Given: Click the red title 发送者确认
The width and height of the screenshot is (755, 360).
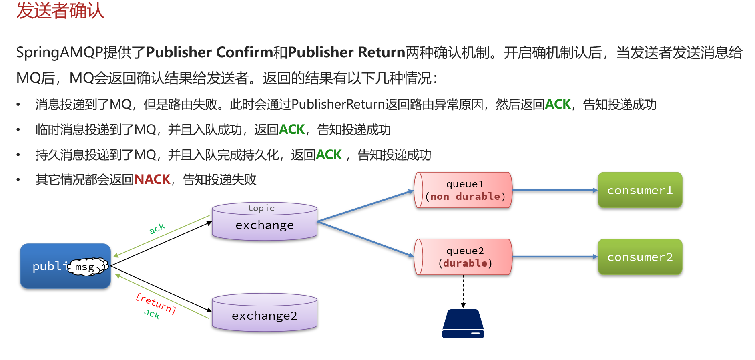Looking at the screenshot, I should click(x=60, y=11).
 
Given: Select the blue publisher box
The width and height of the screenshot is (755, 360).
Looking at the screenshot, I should click(x=44, y=276).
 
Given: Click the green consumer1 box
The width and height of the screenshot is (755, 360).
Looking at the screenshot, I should click(x=640, y=190).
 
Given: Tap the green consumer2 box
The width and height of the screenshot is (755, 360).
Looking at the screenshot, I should click(x=640, y=257).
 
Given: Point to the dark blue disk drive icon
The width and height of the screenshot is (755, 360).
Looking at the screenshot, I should click(x=463, y=324).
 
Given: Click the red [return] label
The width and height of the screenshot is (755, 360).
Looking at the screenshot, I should click(x=156, y=303).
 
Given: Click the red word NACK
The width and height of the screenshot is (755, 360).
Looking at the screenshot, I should click(x=152, y=179).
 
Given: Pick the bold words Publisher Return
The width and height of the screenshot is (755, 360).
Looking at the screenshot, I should click(x=346, y=52).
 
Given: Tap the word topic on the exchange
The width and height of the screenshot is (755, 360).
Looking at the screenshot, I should click(x=261, y=208).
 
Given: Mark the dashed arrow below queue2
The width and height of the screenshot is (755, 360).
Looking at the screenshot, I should click(x=463, y=291).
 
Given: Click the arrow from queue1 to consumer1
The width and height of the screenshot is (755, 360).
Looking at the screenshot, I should click(x=554, y=190).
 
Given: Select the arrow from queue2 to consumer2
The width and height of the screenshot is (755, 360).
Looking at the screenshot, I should click(x=554, y=257).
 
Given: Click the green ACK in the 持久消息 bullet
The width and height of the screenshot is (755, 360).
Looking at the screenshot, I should click(x=329, y=155).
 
